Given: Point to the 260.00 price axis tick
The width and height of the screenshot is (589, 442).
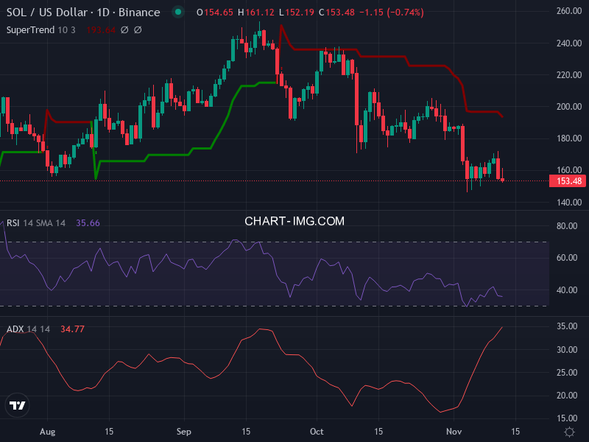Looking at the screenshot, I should pyautogui.click(x=570, y=12).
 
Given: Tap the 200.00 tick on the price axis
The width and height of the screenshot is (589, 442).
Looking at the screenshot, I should pyautogui.click(x=570, y=107).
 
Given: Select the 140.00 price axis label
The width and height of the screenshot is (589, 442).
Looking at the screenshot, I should pyautogui.click(x=570, y=203).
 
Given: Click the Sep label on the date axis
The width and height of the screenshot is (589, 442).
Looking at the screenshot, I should pyautogui.click(x=184, y=431).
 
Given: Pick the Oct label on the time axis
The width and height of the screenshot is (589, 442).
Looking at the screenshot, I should pyautogui.click(x=317, y=431).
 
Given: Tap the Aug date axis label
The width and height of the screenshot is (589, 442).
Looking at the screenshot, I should pyautogui.click(x=47, y=431).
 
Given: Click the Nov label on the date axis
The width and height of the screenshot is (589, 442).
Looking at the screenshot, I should pyautogui.click(x=454, y=431).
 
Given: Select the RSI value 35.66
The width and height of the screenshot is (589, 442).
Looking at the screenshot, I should pyautogui.click(x=88, y=223).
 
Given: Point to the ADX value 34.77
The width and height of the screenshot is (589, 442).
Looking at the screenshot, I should pyautogui.click(x=72, y=329).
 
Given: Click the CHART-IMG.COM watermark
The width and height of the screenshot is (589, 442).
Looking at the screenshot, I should pyautogui.click(x=294, y=221).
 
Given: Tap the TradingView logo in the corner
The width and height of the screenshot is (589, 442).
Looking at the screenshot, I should pyautogui.click(x=17, y=405).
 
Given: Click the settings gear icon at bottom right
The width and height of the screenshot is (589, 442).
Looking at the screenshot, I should pyautogui.click(x=569, y=431).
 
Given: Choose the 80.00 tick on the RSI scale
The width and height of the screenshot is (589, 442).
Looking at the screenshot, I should pyautogui.click(x=568, y=226).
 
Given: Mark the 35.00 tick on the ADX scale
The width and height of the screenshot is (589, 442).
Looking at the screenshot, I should pyautogui.click(x=568, y=326).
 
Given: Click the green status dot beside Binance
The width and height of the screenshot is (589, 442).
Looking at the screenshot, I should pyautogui.click(x=177, y=13).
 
